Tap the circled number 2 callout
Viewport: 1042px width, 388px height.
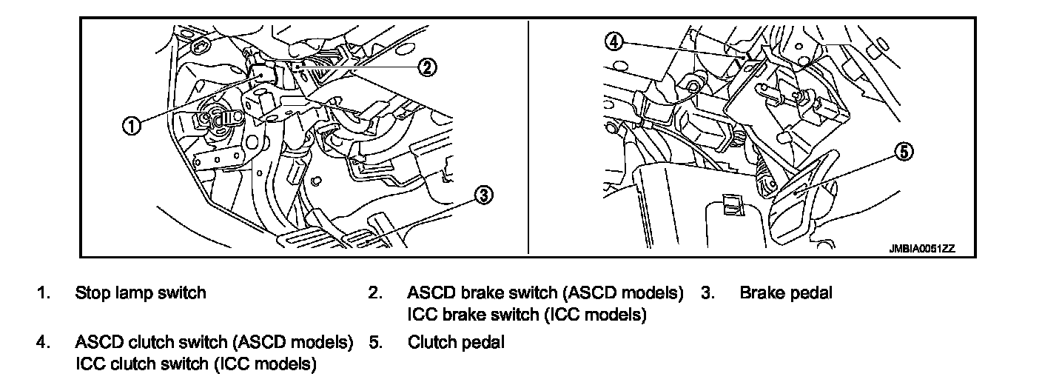pos(427,67)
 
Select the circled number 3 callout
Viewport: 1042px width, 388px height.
pos(482,195)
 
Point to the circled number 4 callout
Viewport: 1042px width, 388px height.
pos(614,41)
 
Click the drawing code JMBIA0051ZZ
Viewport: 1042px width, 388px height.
pos(922,250)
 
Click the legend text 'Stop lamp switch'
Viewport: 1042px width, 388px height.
pos(141,293)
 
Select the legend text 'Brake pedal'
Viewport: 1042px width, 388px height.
pos(786,293)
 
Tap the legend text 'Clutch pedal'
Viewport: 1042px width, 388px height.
pos(456,343)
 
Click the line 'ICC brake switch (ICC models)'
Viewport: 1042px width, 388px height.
pos(527,315)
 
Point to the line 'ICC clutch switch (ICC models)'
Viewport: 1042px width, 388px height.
pos(196,364)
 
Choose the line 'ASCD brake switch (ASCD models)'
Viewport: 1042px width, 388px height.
pos(545,293)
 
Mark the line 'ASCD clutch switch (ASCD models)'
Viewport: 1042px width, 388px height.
pos(214,343)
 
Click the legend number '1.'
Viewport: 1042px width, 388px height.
pos(44,293)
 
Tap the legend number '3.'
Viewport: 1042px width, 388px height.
pos(708,293)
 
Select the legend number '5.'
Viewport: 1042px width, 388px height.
pos(375,343)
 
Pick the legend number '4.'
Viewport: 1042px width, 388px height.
pos(44,343)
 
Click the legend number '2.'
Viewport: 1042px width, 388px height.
pos(375,293)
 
